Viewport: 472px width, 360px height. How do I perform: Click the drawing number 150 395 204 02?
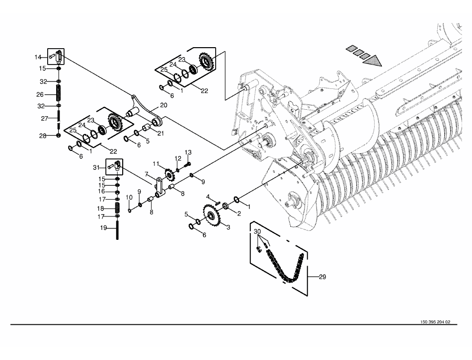435,322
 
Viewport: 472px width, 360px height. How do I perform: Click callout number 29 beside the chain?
322,277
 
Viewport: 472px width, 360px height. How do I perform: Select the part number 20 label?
163,105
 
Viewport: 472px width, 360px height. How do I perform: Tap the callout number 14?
38,57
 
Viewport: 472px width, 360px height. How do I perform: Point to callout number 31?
96,167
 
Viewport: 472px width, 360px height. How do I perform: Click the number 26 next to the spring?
40,94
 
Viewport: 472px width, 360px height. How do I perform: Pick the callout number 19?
103,228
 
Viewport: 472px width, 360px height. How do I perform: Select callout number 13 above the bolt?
188,152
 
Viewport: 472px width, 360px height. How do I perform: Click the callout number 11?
156,164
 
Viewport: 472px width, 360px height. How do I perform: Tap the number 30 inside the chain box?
257,231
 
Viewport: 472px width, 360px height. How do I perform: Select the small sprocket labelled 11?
168,174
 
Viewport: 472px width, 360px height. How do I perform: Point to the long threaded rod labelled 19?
117,230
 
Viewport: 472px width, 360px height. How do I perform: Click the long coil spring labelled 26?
59,93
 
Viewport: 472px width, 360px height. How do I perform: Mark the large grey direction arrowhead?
372,61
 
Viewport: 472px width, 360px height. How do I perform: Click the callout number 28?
43,136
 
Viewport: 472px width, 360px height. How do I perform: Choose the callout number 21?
160,133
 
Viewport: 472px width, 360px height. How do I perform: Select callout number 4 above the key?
208,197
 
